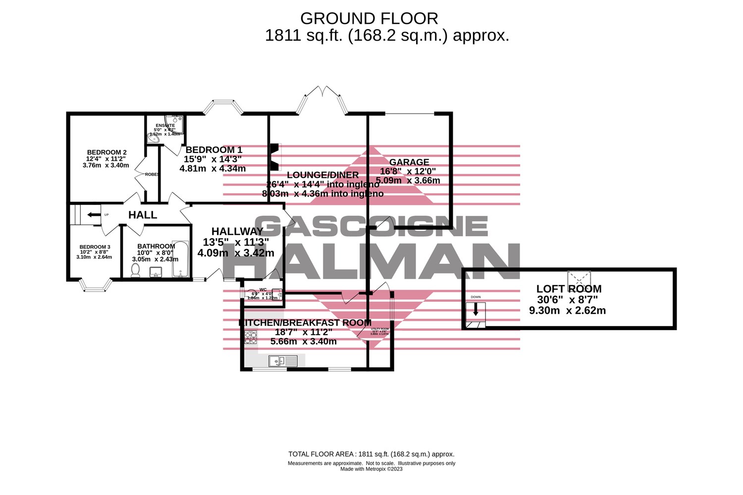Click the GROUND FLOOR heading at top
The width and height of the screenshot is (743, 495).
pos(369,19)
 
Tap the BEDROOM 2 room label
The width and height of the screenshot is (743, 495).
pos(106,152)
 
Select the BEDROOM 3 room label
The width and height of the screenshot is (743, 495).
pos(95,247)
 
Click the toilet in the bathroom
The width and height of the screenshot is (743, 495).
pos(135,270)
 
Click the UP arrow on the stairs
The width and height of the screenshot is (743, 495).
pos(93,215)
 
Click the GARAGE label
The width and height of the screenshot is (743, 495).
pos(409,162)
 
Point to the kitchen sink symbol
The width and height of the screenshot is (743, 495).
pos(283,361)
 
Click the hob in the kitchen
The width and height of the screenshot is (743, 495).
pos(251,337)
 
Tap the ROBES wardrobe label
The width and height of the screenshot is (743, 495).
pos(152,174)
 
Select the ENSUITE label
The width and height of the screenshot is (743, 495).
pos(165,126)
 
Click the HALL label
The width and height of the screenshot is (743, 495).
pos(143,215)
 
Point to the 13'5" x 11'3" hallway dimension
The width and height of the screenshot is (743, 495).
pos(236,242)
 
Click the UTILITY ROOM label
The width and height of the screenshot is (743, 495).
pos(380,329)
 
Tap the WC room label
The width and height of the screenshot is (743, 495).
pos(263,290)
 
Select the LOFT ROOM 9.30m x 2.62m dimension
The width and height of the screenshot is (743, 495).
pos(567,311)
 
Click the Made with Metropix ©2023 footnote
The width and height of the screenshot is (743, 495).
pos(371,469)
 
